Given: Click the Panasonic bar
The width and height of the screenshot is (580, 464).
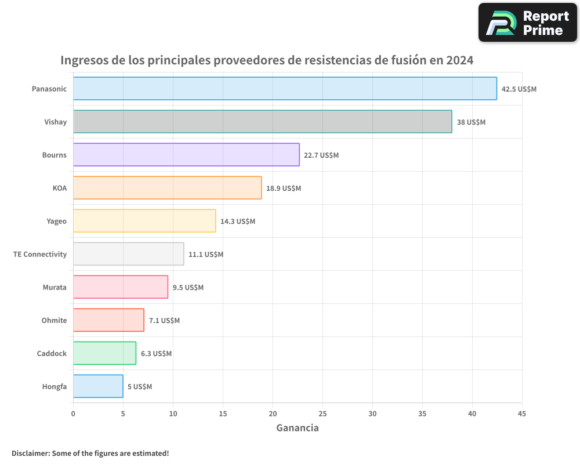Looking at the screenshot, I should (285, 89).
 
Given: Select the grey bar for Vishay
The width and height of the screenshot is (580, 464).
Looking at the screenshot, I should (262, 122).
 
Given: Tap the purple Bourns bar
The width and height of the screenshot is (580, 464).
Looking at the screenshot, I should (186, 155).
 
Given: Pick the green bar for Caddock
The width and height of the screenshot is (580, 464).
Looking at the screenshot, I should (104, 353).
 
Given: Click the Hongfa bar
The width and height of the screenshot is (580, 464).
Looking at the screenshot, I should (98, 386).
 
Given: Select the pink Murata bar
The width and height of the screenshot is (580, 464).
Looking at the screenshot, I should (121, 287).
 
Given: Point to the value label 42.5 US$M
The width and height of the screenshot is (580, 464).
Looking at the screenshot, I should (519, 89).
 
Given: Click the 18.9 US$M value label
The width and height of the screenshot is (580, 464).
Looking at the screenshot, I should (284, 188).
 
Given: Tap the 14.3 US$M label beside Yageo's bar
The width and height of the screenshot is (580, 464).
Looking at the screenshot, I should (238, 222).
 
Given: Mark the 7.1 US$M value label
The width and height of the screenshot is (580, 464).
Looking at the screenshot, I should (164, 321).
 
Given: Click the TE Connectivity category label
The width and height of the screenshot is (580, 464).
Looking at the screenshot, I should (40, 254).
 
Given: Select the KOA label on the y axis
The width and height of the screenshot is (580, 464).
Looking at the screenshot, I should (59, 188).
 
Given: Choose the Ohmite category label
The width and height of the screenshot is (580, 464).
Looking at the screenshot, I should (54, 320).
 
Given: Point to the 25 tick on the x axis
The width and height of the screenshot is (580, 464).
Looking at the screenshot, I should (322, 414).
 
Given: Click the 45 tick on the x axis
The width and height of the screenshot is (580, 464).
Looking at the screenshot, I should (522, 414).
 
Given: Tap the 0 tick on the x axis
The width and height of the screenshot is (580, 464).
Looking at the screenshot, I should (73, 414).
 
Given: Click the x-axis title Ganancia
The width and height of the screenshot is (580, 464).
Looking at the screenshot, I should (298, 428).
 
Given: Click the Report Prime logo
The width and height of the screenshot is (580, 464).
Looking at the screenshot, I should (528, 23).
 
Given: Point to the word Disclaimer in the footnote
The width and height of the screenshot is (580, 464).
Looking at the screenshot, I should (30, 453).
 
